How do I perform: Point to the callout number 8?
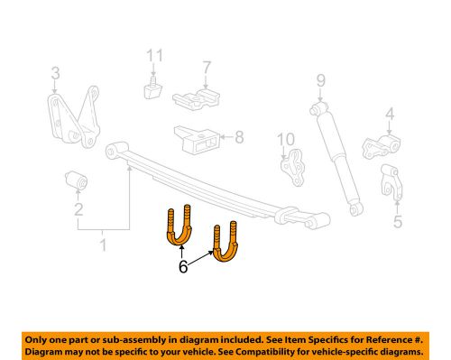pyautogui.click(x=238, y=138)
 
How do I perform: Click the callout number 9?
pyautogui.click(x=319, y=88)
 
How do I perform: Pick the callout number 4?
pyautogui.click(x=390, y=114)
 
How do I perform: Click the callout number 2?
pyautogui.click(x=78, y=211)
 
